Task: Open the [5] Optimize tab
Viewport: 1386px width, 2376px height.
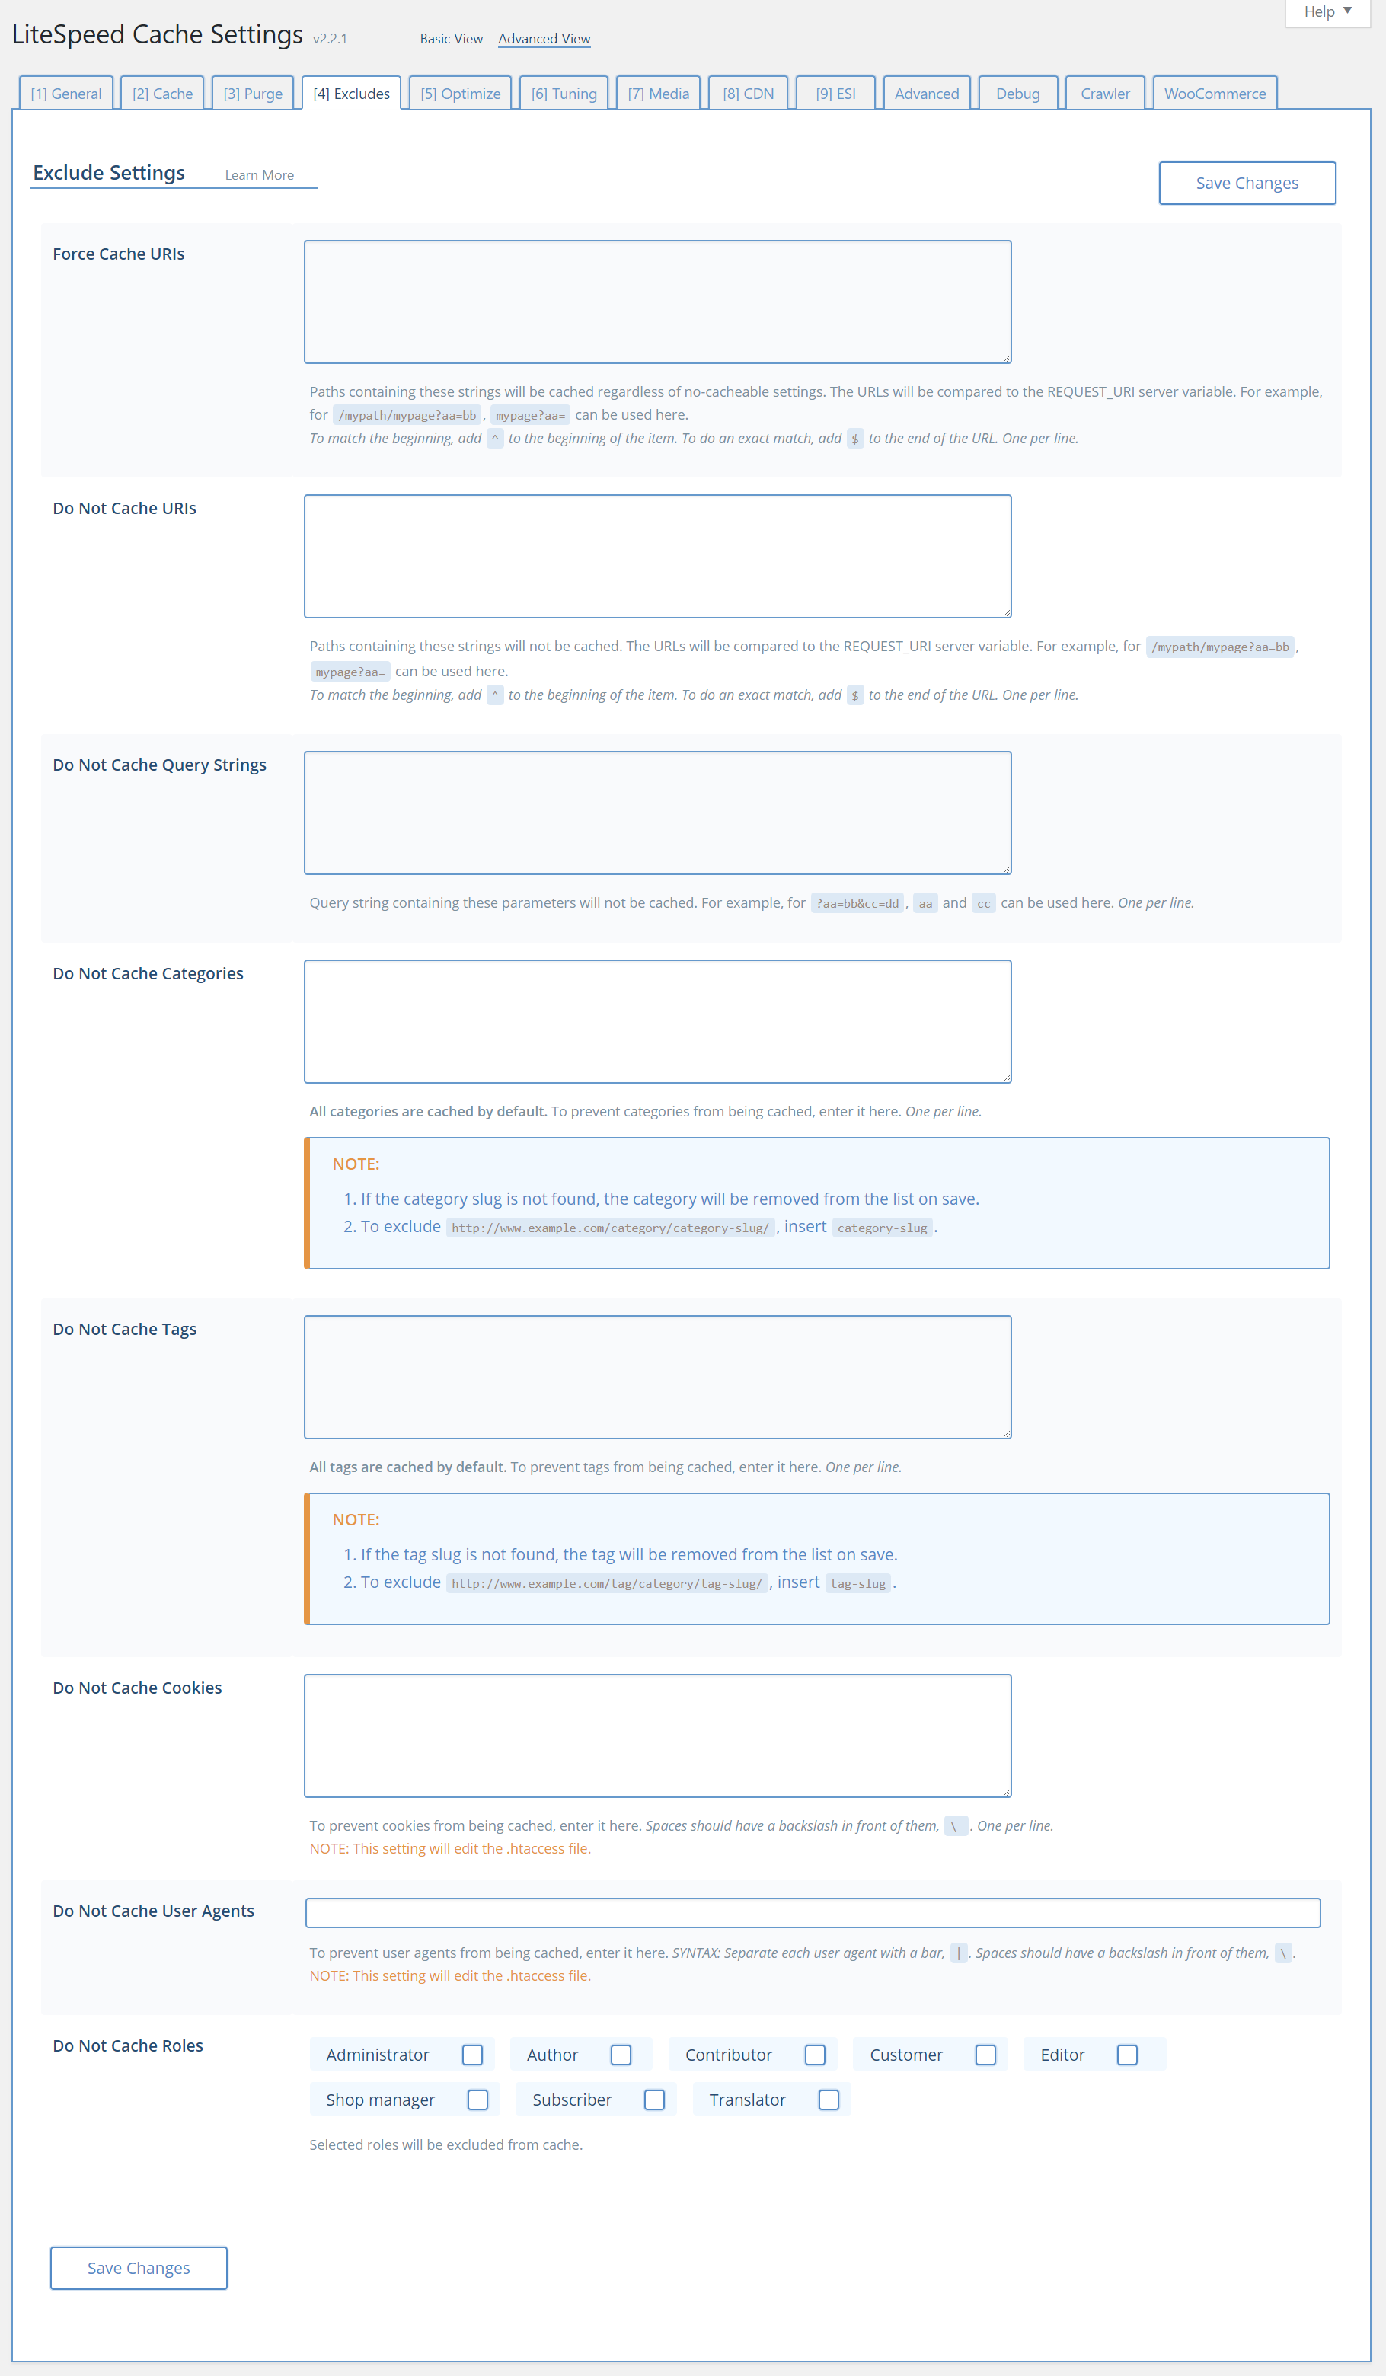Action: coord(460,94)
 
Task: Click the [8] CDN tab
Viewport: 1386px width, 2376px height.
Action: coord(748,94)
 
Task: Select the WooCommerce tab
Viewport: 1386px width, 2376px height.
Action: coord(1215,94)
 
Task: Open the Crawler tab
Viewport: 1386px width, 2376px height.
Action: coord(1105,94)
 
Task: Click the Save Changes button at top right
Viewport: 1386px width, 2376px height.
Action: coord(1247,183)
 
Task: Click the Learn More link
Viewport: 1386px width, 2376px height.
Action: coord(259,175)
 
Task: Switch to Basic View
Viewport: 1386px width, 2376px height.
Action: coord(451,39)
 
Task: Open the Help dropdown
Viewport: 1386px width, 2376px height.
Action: coord(1327,12)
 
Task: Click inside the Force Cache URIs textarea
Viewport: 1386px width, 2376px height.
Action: coord(657,302)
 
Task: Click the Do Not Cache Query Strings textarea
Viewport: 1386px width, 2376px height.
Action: coord(657,813)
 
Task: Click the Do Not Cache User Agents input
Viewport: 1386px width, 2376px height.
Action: coord(813,1912)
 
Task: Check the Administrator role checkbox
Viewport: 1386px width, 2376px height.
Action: coord(472,2055)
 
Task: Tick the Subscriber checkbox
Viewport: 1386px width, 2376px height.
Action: coord(654,2100)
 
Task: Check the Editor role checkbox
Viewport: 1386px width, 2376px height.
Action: coord(1127,2055)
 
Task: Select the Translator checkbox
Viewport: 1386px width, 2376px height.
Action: coord(829,2100)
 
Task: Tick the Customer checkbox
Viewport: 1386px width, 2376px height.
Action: coord(985,2055)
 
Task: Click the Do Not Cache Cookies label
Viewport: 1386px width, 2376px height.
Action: coord(138,1688)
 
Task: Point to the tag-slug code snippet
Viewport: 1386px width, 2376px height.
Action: coord(858,1584)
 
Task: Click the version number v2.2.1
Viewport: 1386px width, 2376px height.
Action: coord(330,39)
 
